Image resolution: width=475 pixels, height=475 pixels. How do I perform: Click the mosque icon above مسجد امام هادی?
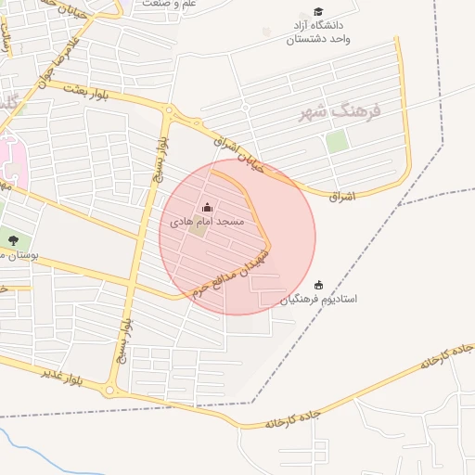[207, 208]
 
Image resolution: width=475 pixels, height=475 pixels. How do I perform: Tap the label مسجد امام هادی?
[207, 223]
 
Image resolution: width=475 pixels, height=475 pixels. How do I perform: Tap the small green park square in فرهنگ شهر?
[337, 142]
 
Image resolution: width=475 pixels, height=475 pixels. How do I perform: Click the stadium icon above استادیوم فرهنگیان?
[319, 285]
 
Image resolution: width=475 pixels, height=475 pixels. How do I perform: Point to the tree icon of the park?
[13, 242]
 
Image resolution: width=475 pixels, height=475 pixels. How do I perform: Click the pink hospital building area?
[11, 158]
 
